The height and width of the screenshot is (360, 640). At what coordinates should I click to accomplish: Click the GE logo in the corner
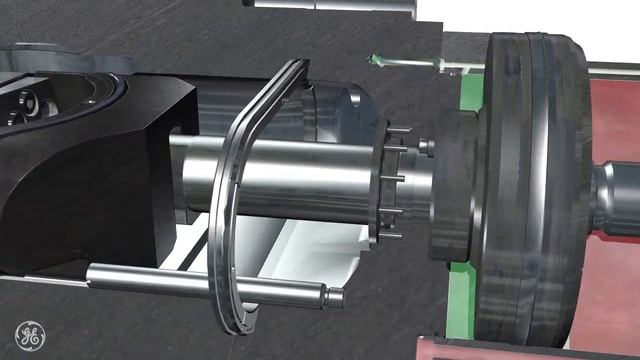click(x=29, y=335)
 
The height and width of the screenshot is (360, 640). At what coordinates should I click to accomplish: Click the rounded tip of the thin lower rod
click(x=336, y=296)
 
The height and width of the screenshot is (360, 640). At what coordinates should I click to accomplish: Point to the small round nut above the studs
click(x=424, y=147)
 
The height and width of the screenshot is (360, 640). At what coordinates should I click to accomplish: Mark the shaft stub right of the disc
click(x=616, y=196)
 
